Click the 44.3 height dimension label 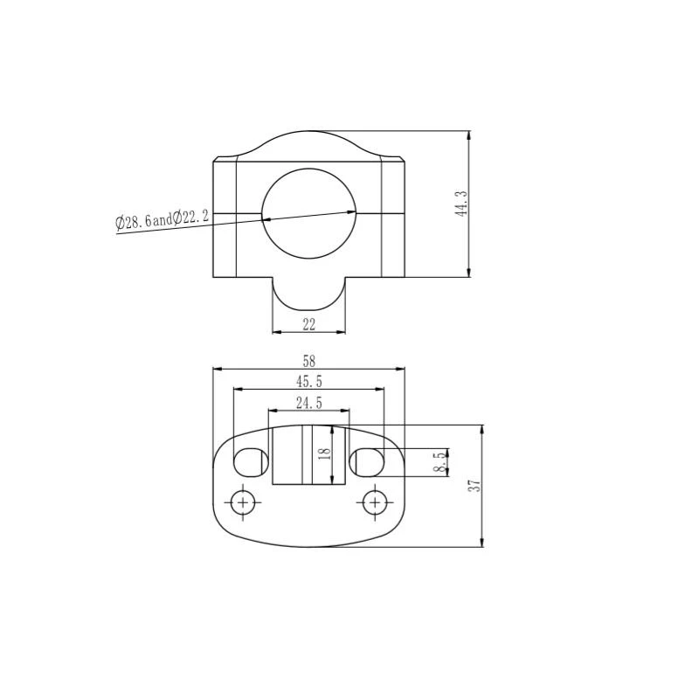point(462,204)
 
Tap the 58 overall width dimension point(308,360)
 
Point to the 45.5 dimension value point(308,381)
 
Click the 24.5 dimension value point(308,403)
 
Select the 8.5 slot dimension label point(438,462)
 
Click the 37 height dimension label point(474,486)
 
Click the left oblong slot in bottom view point(251,460)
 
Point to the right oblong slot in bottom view point(366,460)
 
